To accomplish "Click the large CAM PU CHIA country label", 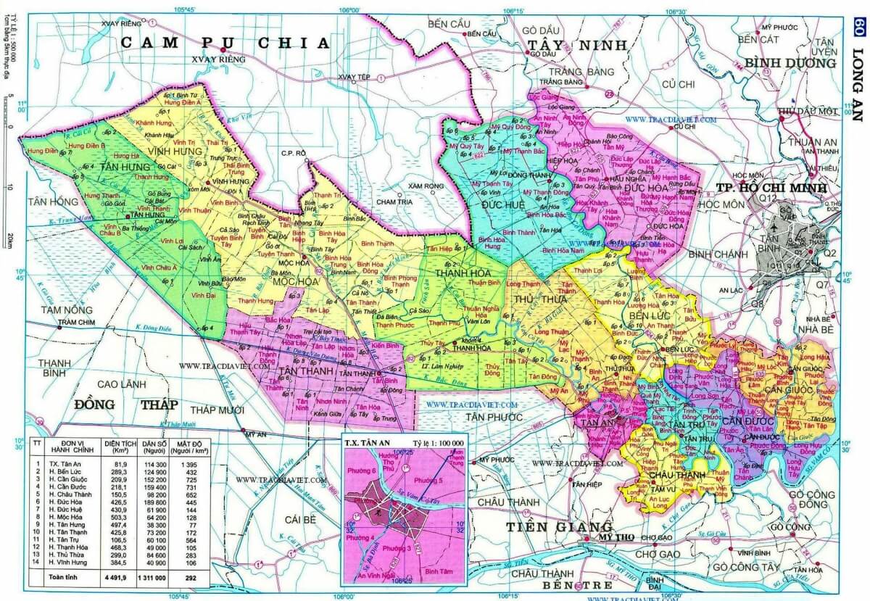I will [x=225, y=43].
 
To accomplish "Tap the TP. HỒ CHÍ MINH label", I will [x=771, y=188].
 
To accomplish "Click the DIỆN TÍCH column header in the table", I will [x=121, y=445].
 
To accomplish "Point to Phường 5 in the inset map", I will [x=428, y=479].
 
